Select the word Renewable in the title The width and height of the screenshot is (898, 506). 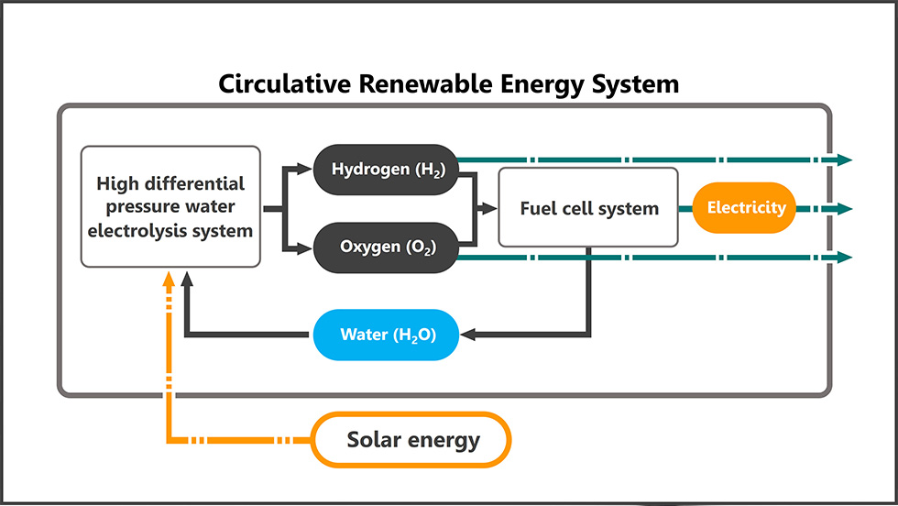pyautogui.click(x=403, y=85)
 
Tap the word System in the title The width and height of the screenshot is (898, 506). pyautogui.click(x=633, y=85)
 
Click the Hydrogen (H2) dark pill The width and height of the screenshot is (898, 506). pyautogui.click(x=386, y=170)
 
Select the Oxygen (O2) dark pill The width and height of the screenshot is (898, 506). pyautogui.click(x=386, y=247)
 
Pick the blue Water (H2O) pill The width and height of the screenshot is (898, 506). pyautogui.click(x=386, y=335)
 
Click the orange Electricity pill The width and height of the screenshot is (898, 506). pyautogui.click(x=746, y=208)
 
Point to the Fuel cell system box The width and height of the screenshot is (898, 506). pyautogui.click(x=588, y=208)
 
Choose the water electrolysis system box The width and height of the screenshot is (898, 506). pyautogui.click(x=170, y=207)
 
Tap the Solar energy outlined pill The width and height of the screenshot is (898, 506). pyautogui.click(x=411, y=441)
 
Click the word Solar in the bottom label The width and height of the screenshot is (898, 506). pyautogui.click(x=372, y=441)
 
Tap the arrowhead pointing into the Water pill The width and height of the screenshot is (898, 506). pyautogui.click(x=467, y=335)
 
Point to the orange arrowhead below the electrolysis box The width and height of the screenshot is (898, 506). pyautogui.click(x=169, y=278)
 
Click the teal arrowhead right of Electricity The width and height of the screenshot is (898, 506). pyautogui.click(x=844, y=208)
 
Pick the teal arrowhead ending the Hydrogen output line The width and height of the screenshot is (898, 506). pyautogui.click(x=844, y=159)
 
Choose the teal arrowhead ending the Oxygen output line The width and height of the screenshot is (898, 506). pyautogui.click(x=844, y=258)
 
